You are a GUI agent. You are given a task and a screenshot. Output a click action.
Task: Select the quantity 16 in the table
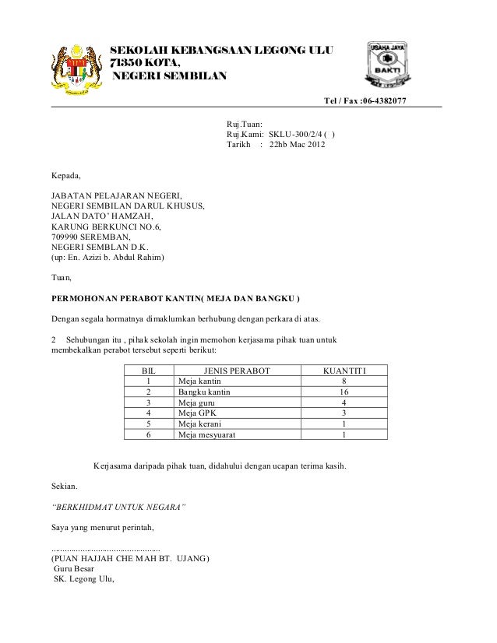click(344, 392)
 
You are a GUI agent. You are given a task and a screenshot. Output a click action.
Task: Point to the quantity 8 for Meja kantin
click(344, 381)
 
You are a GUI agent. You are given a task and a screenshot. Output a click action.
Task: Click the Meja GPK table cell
click(195, 413)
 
